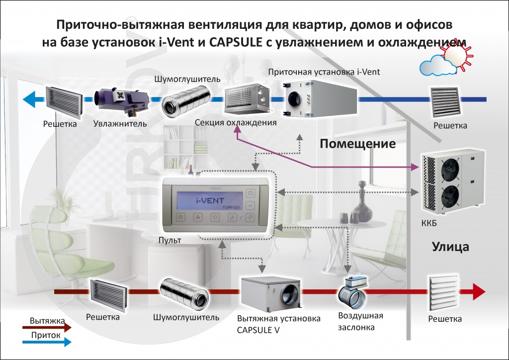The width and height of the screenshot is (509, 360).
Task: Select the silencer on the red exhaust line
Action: pos(184,293)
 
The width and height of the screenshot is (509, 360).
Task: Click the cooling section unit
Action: pos(247,99)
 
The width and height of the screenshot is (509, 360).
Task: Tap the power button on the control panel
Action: pos(181,217)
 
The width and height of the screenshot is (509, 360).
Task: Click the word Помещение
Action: pos(357,144)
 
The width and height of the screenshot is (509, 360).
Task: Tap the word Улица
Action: pos(450,247)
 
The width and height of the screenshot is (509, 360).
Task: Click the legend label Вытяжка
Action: pos(46,321)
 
